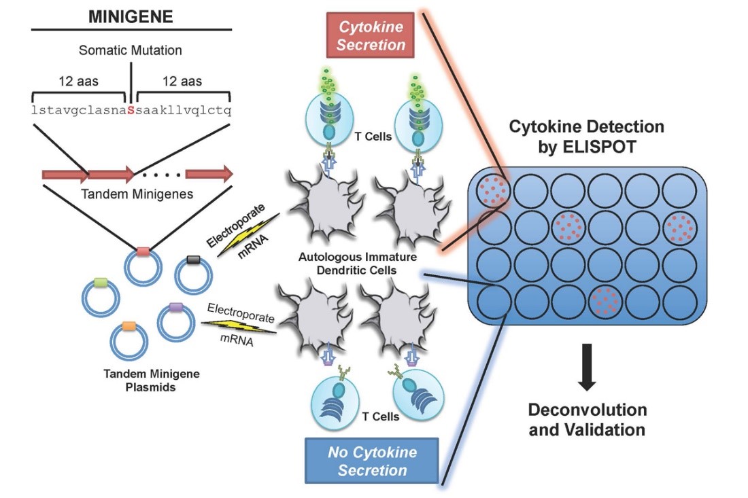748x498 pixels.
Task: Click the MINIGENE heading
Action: coord(131,16)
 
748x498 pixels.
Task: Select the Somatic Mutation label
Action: coord(131,51)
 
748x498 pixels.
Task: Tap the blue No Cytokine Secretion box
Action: coord(373,461)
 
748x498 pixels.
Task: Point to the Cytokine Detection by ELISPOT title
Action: coord(587,137)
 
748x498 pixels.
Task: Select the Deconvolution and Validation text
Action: coord(587,420)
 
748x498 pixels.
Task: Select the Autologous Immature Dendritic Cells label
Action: coord(358,264)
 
